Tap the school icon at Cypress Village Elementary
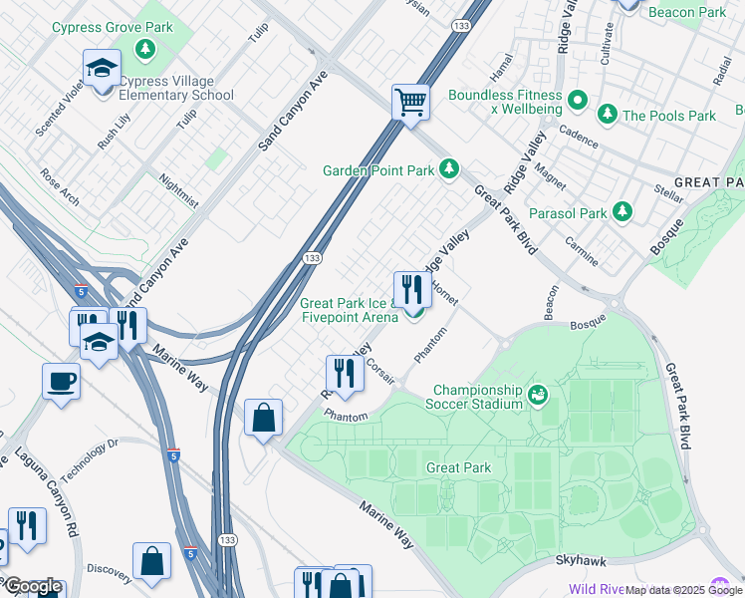coord(102,70)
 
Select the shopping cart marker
coord(410,103)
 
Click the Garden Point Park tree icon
coord(449,169)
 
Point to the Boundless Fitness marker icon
coord(577,99)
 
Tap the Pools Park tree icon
coord(606,116)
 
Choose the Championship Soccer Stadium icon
coord(538,396)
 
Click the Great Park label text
coord(457,467)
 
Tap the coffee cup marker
coord(61,383)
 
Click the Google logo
coord(32,586)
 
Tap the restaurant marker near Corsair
coord(344,375)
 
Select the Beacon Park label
coord(686,12)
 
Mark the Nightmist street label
coord(179,192)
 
